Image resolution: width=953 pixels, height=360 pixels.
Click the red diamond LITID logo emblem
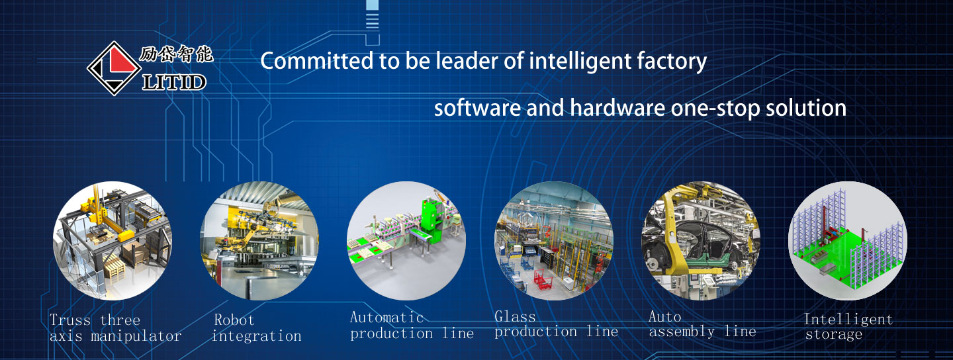(x=114, y=68)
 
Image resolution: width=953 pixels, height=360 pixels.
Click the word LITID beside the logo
(x=174, y=81)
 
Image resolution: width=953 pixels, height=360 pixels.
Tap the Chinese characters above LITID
(x=176, y=54)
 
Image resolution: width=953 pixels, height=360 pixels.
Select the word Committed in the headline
(x=317, y=61)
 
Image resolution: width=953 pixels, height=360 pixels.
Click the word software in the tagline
(x=477, y=108)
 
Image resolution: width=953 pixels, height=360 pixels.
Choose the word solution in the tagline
(x=806, y=108)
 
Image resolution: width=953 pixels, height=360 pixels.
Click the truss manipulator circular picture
(x=113, y=241)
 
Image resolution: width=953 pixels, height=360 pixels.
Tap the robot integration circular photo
(x=259, y=241)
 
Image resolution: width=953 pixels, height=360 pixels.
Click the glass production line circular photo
(x=554, y=241)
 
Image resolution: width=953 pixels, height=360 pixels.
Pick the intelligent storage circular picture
(x=848, y=241)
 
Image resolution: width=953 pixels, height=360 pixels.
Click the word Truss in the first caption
(x=70, y=320)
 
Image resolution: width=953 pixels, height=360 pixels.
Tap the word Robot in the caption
(x=234, y=320)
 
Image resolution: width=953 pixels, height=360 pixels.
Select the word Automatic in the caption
(x=386, y=318)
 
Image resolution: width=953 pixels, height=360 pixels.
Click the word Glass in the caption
(x=515, y=316)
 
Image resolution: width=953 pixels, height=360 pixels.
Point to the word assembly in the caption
(x=682, y=332)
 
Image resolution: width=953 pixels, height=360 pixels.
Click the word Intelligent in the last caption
(x=848, y=319)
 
